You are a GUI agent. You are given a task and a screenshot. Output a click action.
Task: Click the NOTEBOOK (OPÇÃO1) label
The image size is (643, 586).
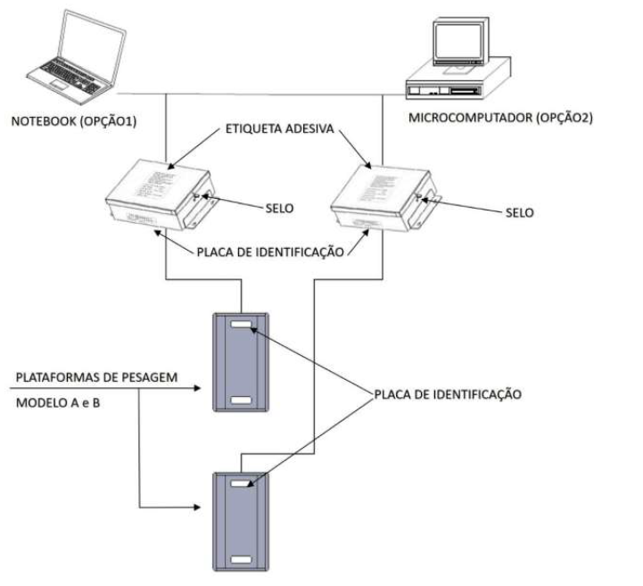(x=74, y=121)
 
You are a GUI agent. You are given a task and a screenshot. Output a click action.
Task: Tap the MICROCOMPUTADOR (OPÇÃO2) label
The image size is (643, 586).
(x=500, y=118)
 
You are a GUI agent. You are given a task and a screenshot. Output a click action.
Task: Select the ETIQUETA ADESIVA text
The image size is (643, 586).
(x=280, y=128)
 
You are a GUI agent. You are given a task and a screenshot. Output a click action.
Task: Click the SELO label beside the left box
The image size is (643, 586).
(x=279, y=209)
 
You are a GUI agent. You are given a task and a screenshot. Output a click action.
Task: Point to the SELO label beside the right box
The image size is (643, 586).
(x=520, y=213)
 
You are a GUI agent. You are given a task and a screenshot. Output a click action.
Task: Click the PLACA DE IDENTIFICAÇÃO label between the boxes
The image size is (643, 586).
(x=270, y=252)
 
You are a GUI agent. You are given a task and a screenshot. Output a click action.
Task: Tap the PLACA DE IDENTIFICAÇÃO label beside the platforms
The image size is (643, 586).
(x=448, y=394)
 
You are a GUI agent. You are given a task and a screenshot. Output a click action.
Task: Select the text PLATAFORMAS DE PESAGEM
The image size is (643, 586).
(x=97, y=377)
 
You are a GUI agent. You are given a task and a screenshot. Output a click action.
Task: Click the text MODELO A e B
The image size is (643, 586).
(x=58, y=403)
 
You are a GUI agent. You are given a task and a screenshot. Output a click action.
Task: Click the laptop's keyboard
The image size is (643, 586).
(x=70, y=76)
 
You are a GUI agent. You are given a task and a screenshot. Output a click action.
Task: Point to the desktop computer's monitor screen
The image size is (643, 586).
(x=458, y=41)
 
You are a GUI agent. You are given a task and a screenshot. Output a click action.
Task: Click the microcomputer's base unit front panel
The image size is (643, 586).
(x=444, y=90)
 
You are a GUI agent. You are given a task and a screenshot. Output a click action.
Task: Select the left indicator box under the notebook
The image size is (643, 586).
(x=161, y=194)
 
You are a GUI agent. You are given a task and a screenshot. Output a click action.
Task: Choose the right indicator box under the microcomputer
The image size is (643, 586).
(x=385, y=199)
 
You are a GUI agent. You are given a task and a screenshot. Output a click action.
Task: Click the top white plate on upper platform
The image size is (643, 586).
(x=241, y=325)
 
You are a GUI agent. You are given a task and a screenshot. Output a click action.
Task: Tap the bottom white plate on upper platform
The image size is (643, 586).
(x=241, y=400)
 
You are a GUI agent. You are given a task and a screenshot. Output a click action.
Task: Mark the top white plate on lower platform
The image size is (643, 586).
(x=241, y=483)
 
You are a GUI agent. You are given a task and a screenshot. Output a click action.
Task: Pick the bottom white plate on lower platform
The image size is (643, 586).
(x=241, y=560)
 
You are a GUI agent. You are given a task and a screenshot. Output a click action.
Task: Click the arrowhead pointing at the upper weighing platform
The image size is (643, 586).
(x=197, y=388)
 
